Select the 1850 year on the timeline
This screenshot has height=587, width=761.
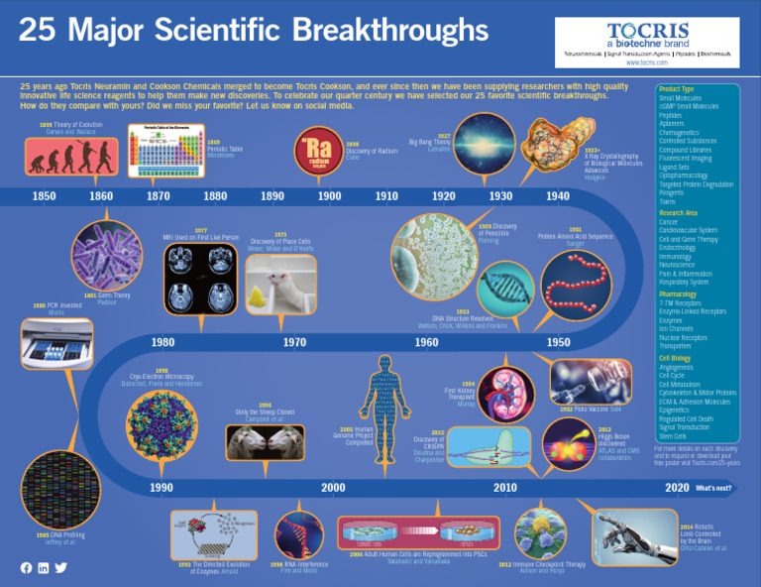tap(44, 196)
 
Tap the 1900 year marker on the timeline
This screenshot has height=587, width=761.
tap(329, 196)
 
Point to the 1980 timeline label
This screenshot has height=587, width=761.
tap(163, 342)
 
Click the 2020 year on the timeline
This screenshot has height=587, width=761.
tap(677, 488)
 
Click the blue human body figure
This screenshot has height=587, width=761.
tap(384, 411)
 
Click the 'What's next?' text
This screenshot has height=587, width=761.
tap(713, 489)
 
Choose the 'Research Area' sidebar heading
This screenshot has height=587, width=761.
tap(679, 213)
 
